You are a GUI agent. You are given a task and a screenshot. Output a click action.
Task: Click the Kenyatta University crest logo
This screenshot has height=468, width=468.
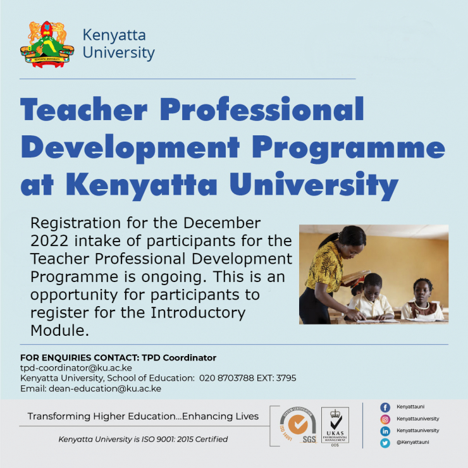coord(47,44)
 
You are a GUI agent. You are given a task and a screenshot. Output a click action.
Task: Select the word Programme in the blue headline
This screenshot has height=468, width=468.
coord(348,147)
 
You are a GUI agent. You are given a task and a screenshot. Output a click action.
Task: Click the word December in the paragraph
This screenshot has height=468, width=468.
coord(222,223)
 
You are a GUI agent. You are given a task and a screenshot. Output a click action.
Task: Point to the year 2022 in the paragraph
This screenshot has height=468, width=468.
coord(49,241)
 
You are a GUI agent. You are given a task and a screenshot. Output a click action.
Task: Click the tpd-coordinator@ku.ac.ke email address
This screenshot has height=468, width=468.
coord(76,367)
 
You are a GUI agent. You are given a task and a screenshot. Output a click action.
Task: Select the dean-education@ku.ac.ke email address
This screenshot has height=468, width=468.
coord(105,388)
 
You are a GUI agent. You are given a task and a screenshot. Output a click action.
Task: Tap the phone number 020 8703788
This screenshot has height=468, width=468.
coord(226,378)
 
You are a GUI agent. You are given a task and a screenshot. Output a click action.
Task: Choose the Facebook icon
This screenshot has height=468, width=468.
coord(385,407)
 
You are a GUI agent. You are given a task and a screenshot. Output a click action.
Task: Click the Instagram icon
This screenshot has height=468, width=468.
coord(385,419)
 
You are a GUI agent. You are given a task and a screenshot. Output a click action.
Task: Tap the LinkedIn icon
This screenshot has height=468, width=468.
coord(385,431)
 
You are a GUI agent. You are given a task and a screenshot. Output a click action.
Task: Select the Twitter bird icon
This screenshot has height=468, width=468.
coord(385,443)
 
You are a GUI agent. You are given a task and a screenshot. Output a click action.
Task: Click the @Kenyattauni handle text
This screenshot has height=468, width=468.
coord(413,442)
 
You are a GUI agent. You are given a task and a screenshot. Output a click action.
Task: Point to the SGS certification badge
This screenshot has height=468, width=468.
coord(298,424)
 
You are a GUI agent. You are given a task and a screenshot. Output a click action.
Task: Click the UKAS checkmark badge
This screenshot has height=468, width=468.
coord(335,425)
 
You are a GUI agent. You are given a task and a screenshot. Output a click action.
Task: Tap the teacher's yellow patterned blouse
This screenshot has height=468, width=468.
coord(324,267)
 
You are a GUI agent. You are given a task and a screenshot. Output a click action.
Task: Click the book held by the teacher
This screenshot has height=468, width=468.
coord(355,276)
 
